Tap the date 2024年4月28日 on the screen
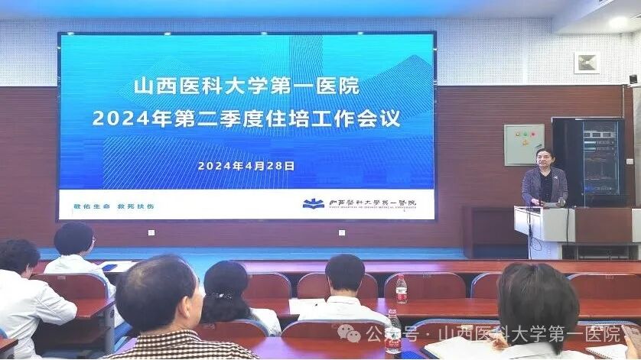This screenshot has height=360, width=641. click(x=246, y=164)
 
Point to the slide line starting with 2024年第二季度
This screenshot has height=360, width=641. click(x=246, y=120)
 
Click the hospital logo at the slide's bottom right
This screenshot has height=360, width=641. click(x=311, y=204)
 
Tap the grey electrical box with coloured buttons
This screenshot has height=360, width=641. click(x=523, y=144)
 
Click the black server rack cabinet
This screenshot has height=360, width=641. click(x=588, y=161)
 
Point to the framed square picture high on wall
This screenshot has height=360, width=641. click(x=587, y=62)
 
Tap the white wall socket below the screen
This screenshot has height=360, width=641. click(x=151, y=232)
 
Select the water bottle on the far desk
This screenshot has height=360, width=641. click(x=401, y=290)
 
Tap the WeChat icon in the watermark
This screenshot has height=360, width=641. click(x=350, y=333)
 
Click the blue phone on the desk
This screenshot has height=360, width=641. click(x=109, y=267)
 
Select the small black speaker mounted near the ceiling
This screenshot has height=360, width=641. click(x=633, y=79)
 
